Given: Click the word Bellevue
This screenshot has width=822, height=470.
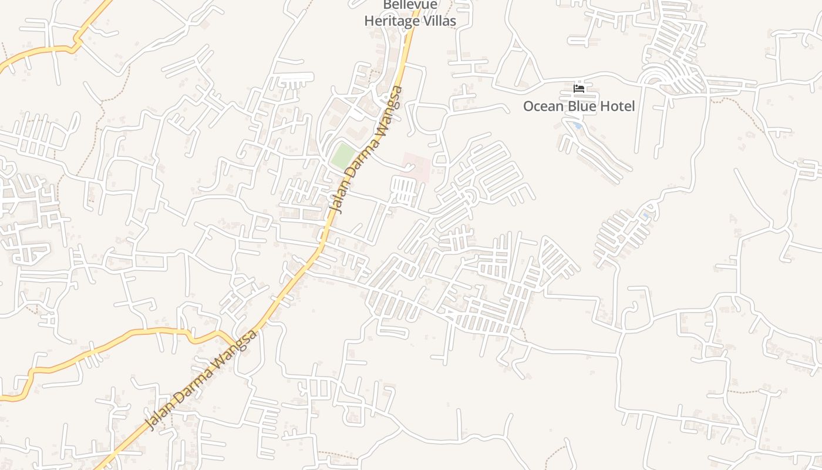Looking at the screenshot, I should (410, 5).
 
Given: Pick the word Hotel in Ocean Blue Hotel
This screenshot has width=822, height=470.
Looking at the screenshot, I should (617, 106).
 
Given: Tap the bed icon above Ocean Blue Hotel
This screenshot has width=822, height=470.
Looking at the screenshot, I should (579, 89).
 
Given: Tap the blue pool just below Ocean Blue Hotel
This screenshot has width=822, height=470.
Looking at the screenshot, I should (578, 126).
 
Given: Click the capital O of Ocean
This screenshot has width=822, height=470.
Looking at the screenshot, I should (529, 106).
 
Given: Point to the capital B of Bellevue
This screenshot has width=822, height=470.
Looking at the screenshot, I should (388, 5).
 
